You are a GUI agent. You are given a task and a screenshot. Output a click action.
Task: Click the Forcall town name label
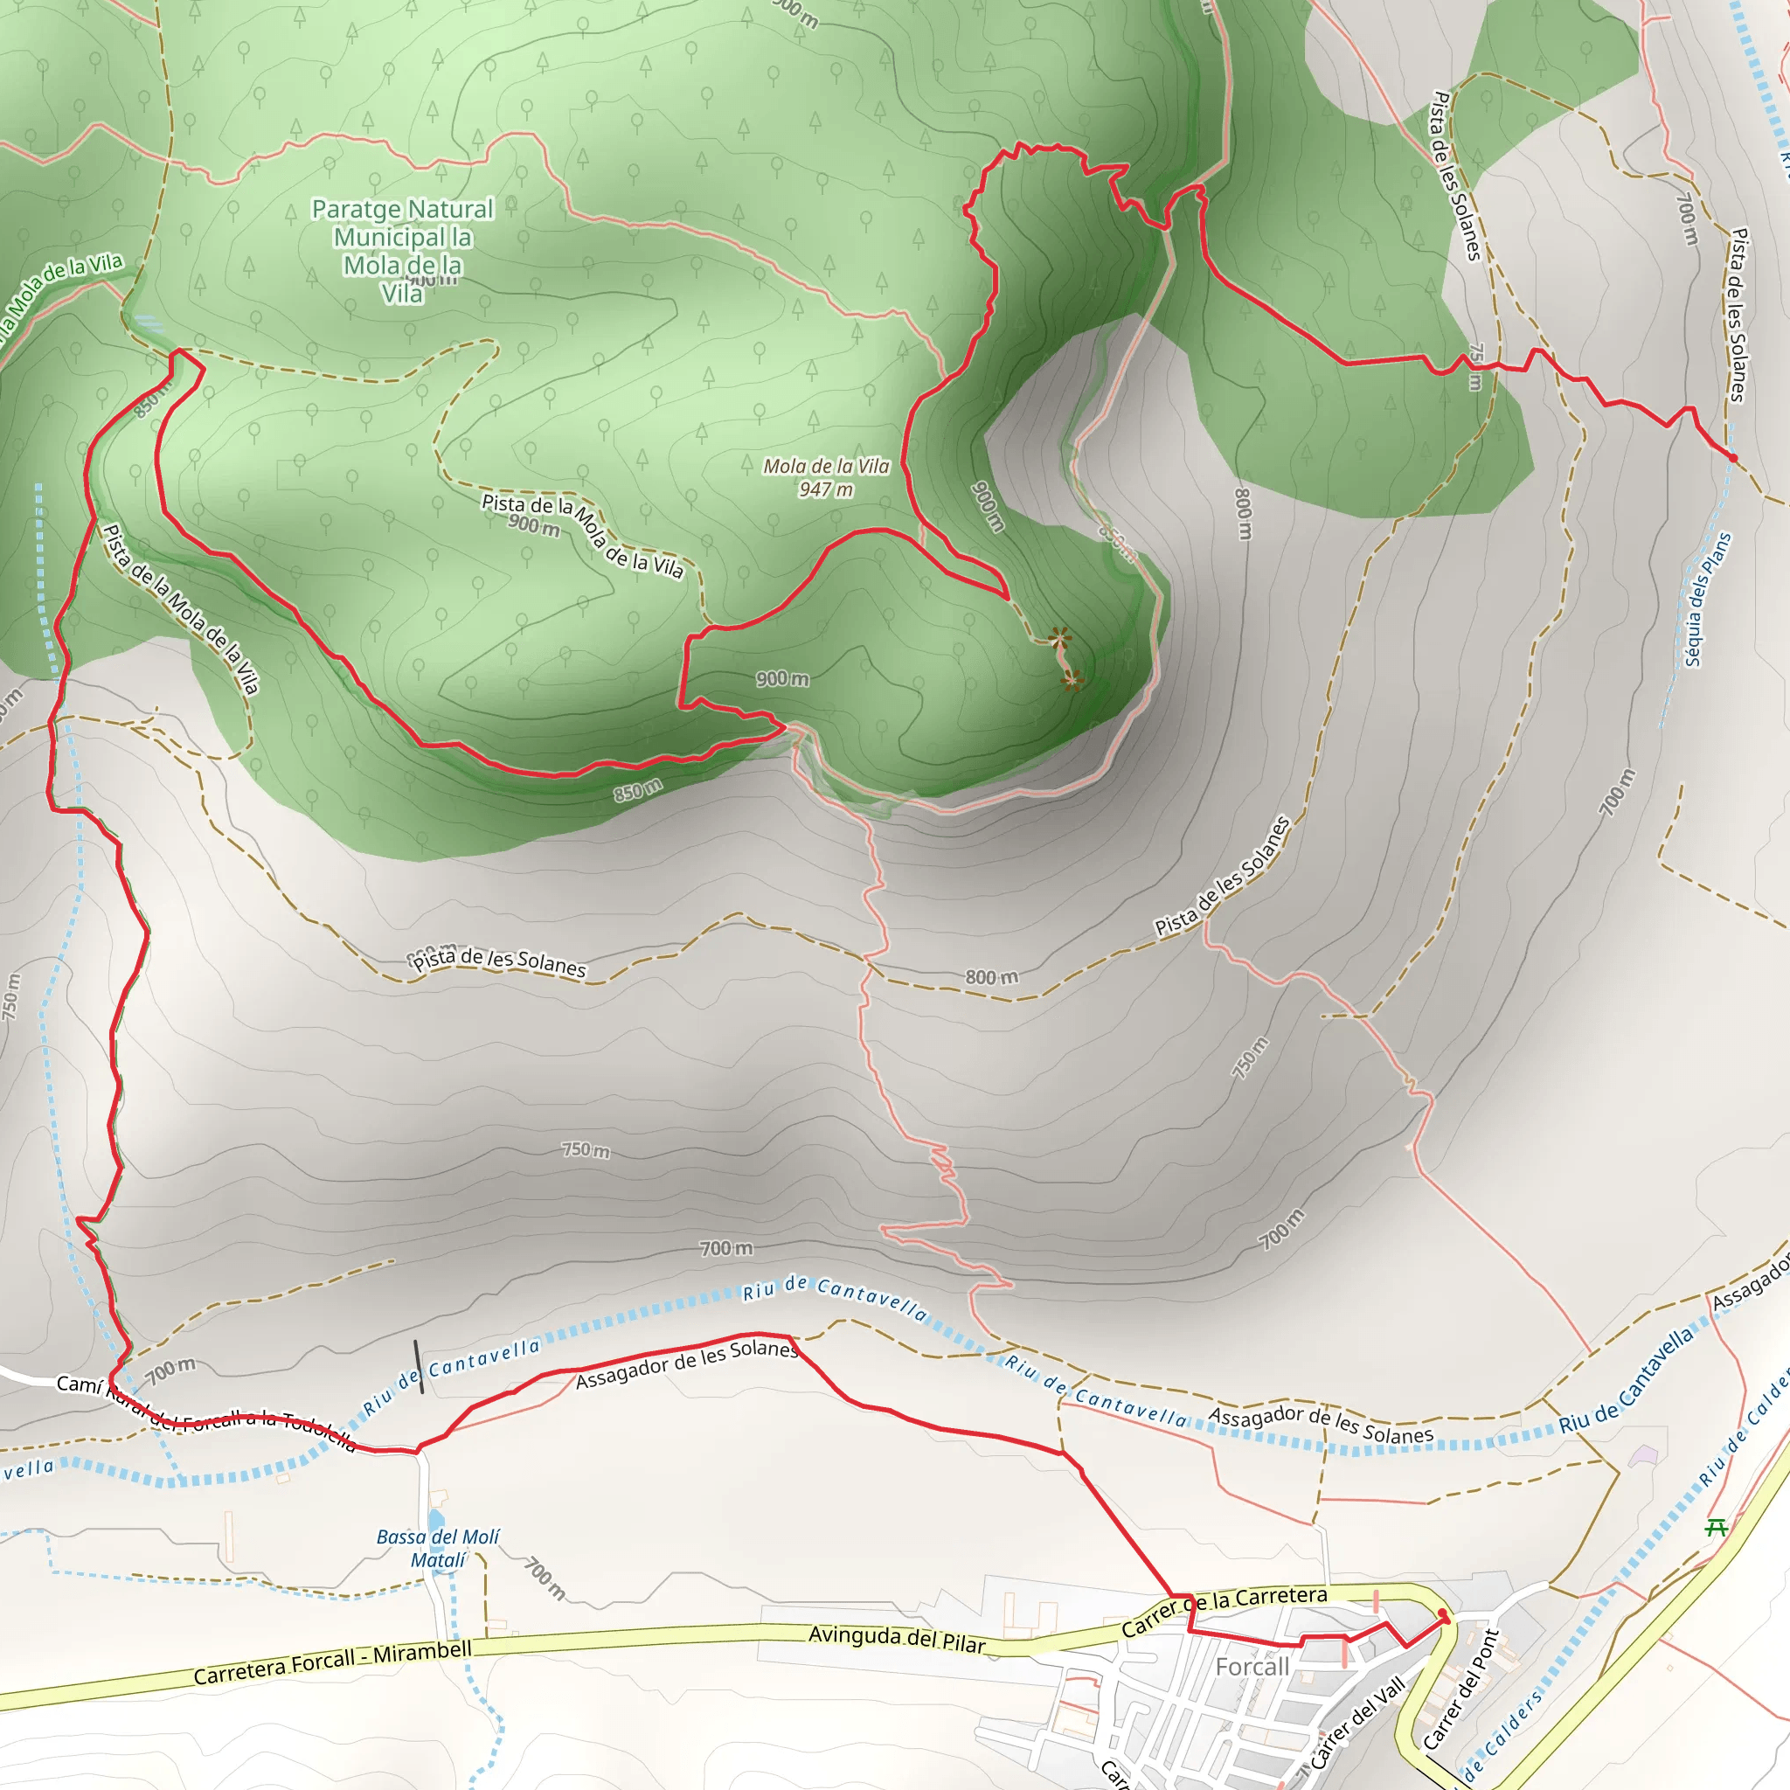click(x=1252, y=1667)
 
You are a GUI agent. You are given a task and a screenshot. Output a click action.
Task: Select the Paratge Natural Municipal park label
click(x=402, y=250)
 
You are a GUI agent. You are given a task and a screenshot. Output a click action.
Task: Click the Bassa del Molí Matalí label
click(x=437, y=1548)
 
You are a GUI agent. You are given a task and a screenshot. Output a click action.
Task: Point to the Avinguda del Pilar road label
click(x=896, y=1639)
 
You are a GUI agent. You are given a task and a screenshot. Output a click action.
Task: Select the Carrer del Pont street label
click(x=1461, y=1688)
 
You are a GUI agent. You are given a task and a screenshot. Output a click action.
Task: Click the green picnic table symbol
click(x=1716, y=1527)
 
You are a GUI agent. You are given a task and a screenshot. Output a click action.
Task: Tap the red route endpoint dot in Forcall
click(x=1442, y=1614)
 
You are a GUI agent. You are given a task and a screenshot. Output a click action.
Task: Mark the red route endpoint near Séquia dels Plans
click(x=1732, y=458)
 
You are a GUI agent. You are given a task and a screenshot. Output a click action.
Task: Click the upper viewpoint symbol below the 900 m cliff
click(x=1059, y=637)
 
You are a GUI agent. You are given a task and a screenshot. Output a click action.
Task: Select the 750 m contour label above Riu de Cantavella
click(x=586, y=1150)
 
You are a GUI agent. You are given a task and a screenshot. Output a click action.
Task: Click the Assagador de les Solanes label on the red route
click(x=685, y=1364)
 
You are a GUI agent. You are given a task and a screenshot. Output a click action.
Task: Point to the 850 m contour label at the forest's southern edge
click(x=638, y=789)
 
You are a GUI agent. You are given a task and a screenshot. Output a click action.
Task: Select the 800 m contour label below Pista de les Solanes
click(x=991, y=977)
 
